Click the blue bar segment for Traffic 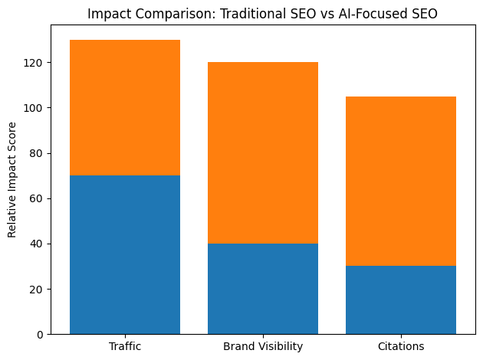(x=125, y=255)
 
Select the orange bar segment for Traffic (x=125, y=108)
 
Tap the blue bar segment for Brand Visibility (x=263, y=289)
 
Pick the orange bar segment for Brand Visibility (x=263, y=153)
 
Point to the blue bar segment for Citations (x=401, y=300)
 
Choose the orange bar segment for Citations (x=401, y=182)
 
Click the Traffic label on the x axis (x=125, y=346)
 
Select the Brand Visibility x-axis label (x=263, y=346)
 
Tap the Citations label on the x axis (x=401, y=346)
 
